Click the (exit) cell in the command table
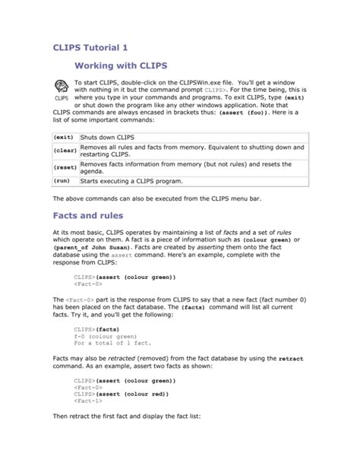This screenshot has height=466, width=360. pos(63,137)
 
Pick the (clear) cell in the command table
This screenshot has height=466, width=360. pos(63,150)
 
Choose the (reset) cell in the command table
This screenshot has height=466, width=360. pos(63,167)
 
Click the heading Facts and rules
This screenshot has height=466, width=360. pos(95,216)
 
